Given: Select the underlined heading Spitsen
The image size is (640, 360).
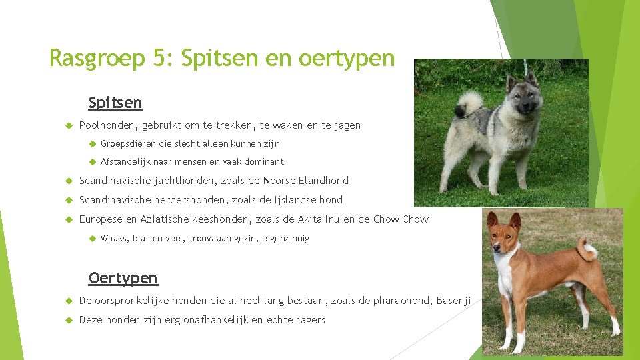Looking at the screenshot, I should pos(115,103).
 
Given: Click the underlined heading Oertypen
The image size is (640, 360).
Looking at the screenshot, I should pos(123,278).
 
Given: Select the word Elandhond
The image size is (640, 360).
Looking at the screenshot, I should pos(323,181).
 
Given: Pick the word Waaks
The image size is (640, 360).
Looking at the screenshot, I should pos(114,238).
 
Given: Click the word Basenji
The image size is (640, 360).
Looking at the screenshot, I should pos(453,301).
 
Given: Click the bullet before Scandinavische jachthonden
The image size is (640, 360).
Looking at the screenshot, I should pos(69,181).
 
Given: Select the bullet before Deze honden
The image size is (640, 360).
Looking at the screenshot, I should pos(69,320).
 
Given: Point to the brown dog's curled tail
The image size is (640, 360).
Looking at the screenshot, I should pos(587,250).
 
